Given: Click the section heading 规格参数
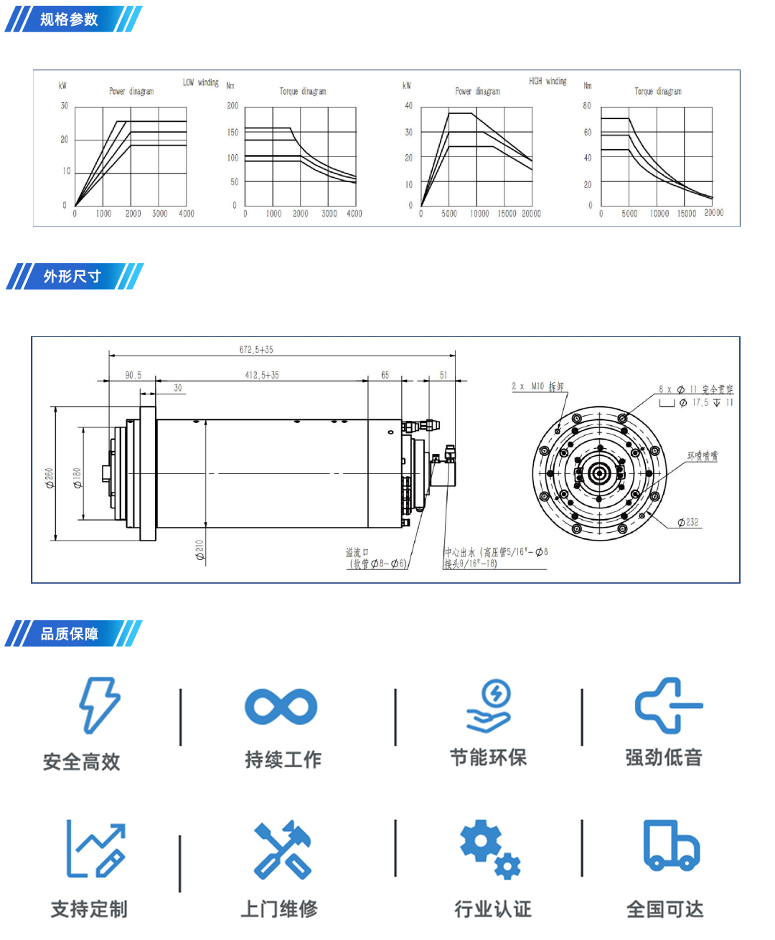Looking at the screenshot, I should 69,19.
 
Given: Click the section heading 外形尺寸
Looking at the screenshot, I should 72,276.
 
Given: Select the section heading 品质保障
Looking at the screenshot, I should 70,634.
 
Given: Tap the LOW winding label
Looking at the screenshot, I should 200,82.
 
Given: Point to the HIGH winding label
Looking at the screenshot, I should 548,81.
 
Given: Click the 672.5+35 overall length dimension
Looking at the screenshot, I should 256,349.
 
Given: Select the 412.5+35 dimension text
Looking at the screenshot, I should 262,375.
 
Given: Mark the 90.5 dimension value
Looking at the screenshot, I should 133,375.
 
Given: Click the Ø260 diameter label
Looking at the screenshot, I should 50,478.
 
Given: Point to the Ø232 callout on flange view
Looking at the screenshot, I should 687,522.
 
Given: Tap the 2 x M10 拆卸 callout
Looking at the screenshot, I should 537,386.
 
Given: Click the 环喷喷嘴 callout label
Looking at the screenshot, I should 702,456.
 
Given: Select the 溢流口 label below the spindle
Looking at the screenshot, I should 357,552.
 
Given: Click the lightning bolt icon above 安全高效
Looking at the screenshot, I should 100,706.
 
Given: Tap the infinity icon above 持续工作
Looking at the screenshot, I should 281,706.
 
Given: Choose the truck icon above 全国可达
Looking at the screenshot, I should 671,846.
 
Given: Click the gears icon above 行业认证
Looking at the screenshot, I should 490,849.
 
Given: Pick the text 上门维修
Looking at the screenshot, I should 279,909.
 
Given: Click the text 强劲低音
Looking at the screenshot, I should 664,757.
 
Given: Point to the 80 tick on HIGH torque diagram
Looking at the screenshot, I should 587,105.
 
